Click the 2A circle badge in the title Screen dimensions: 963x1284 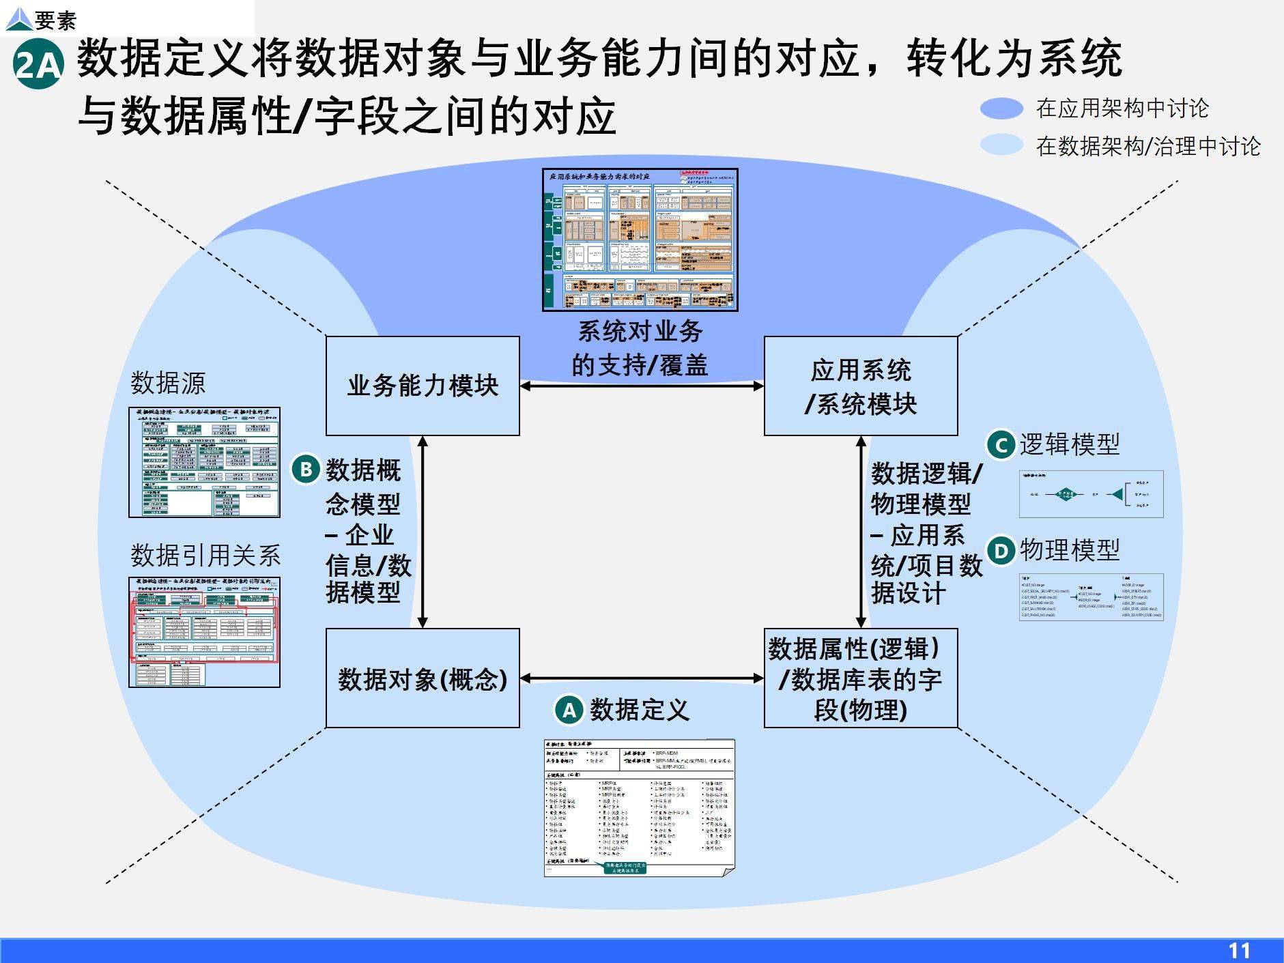[x=38, y=65]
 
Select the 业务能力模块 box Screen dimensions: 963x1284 [x=423, y=386]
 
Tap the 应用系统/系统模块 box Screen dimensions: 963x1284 [x=860, y=386]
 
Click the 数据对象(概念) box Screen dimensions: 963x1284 [x=423, y=678]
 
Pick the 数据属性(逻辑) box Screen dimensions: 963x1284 [x=860, y=678]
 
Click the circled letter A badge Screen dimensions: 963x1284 [x=569, y=710]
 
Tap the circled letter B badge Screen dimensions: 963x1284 [x=306, y=470]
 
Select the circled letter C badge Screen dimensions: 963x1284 [x=1001, y=446]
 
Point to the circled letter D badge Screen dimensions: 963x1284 [x=1001, y=551]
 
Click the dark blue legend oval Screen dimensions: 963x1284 [x=1001, y=109]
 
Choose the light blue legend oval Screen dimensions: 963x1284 [x=1001, y=145]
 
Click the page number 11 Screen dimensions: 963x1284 [x=1238, y=950]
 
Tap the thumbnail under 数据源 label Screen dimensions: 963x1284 [x=204, y=462]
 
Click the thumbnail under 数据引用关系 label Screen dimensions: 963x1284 [x=204, y=632]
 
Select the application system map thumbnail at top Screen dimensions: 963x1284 [x=640, y=240]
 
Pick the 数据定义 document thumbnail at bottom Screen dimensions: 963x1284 [x=639, y=807]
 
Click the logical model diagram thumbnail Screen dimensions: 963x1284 [x=1091, y=494]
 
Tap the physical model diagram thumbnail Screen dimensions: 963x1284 [x=1091, y=597]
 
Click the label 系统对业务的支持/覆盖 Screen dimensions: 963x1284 [x=640, y=348]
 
